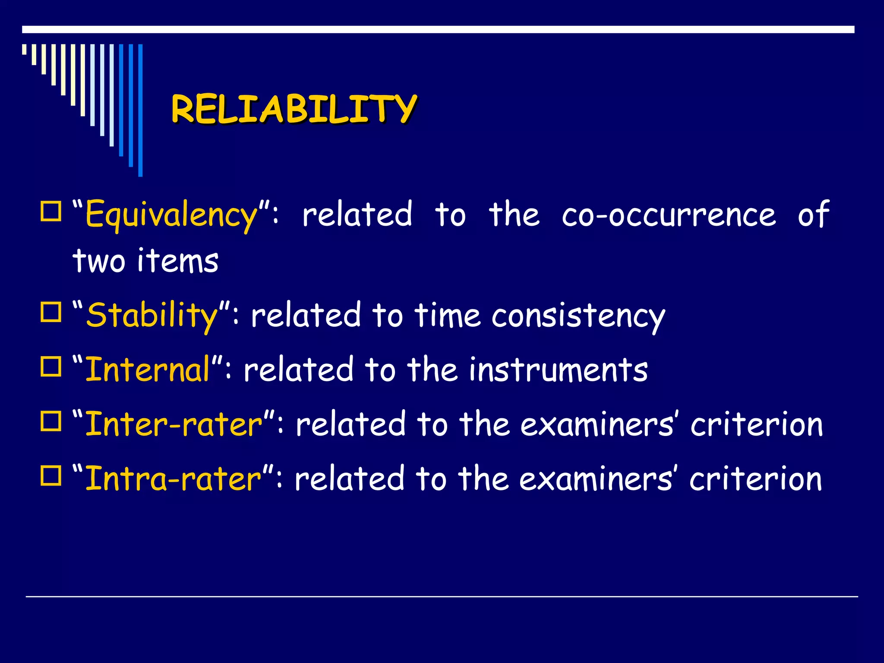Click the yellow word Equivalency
click(x=172, y=215)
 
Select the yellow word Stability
click(x=152, y=316)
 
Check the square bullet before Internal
click(x=51, y=367)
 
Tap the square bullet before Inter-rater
click(x=51, y=421)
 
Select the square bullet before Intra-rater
click(x=51, y=476)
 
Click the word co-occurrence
click(x=669, y=215)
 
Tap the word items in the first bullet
click(x=178, y=261)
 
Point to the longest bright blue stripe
click(x=140, y=110)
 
